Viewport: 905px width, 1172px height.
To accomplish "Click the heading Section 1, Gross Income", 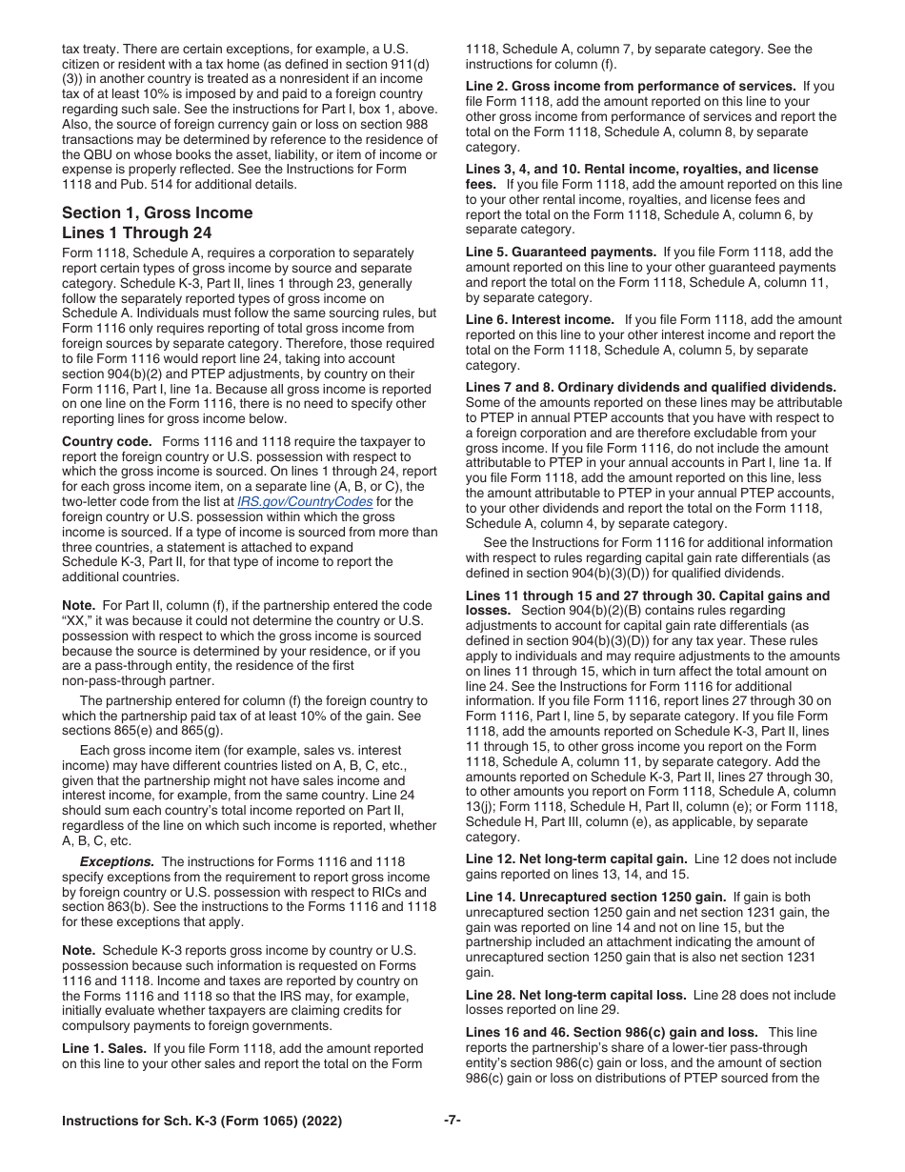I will point(157,212).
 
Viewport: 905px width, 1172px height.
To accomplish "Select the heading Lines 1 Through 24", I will point(136,232).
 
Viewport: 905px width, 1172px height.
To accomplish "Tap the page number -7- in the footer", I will point(452,1121).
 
